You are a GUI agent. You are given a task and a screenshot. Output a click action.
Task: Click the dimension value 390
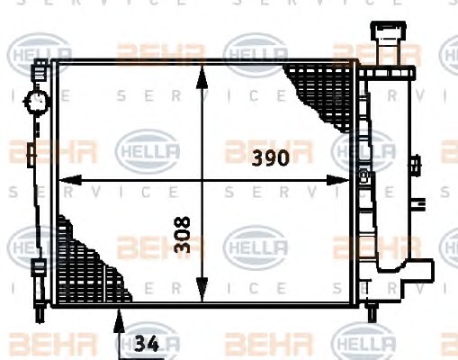point(271,158)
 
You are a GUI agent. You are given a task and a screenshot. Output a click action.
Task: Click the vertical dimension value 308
point(183,235)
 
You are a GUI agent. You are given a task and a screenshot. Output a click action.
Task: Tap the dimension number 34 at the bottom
point(147,344)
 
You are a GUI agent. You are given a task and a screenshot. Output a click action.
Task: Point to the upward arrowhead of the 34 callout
point(119,320)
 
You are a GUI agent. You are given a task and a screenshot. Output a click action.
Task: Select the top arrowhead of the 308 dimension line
point(202,77)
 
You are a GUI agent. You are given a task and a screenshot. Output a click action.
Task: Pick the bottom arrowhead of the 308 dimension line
point(202,289)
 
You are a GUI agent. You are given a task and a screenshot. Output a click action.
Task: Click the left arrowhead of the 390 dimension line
point(69,180)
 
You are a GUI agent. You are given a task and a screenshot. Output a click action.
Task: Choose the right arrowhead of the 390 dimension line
point(338,180)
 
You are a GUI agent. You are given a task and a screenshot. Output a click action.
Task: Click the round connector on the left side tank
point(36,102)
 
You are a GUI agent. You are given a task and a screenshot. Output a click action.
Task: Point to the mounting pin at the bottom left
point(40,313)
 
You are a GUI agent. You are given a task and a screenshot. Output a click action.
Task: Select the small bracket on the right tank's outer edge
point(415,166)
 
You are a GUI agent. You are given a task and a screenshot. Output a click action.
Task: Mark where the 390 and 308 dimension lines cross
point(202,180)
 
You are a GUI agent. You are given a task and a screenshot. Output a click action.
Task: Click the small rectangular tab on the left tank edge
point(31,155)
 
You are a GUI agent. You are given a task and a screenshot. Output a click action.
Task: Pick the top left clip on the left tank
point(40,69)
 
